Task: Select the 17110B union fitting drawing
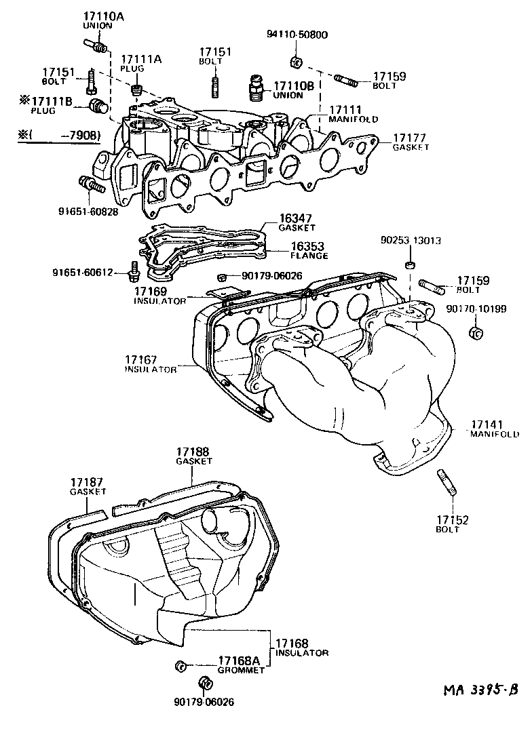pyautogui.click(x=257, y=87)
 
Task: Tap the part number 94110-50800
pyautogui.click(x=296, y=35)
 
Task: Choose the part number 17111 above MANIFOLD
pyautogui.click(x=345, y=110)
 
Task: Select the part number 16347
pyautogui.click(x=296, y=219)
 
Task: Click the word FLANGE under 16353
pyautogui.click(x=309, y=256)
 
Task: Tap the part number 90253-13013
pyautogui.click(x=411, y=240)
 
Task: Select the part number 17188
pyautogui.click(x=193, y=451)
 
